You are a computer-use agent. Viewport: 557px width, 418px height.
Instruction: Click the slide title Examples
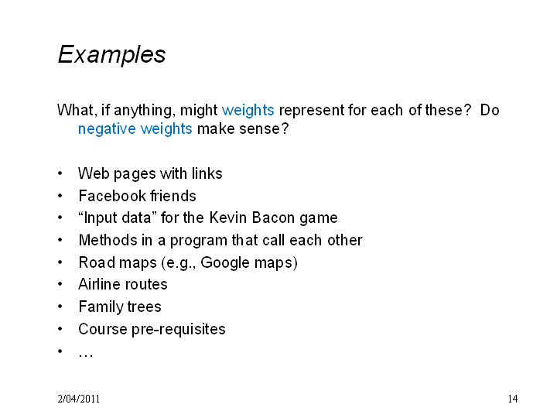point(111,55)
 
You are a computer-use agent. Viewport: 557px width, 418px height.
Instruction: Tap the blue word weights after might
point(248,111)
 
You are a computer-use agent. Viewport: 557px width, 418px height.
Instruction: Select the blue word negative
point(107,128)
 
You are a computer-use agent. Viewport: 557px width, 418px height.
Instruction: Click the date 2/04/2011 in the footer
point(78,399)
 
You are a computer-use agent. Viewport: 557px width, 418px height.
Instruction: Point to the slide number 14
point(513,399)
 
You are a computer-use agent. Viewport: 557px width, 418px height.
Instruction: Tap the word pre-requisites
point(179,330)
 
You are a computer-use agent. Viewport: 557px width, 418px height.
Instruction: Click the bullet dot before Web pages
point(60,173)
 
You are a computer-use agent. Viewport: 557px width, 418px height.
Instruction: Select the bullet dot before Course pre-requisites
point(60,329)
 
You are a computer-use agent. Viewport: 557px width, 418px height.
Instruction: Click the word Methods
point(108,240)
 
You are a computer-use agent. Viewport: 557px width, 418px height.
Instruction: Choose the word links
point(207,174)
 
